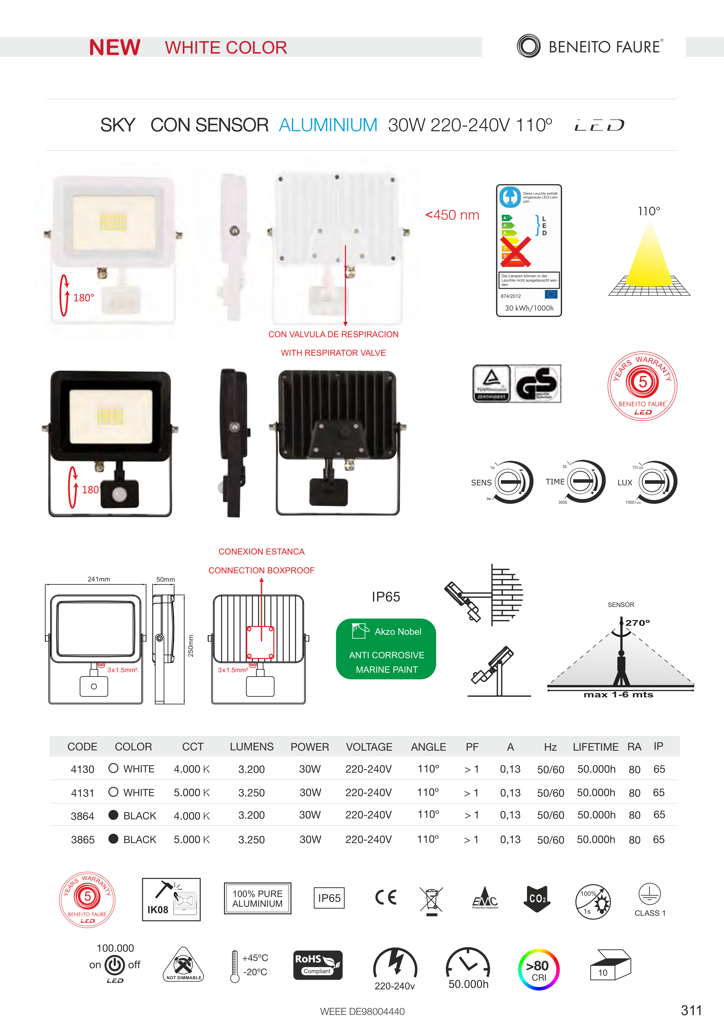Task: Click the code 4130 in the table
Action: tap(82, 769)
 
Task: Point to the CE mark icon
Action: tap(386, 898)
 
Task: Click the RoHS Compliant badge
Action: tap(318, 965)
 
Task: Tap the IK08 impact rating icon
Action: tap(171, 899)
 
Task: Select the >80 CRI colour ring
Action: tap(539, 970)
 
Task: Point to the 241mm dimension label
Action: tap(99, 579)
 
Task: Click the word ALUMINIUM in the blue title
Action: tap(328, 125)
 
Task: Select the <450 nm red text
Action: tap(452, 215)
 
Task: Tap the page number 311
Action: tap(691, 1010)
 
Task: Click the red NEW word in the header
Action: tap(115, 47)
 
